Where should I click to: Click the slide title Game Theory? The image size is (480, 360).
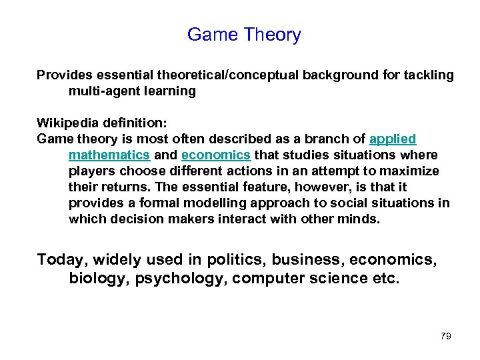click(244, 35)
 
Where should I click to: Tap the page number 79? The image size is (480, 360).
click(446, 336)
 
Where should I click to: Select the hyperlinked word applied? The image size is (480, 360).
click(393, 139)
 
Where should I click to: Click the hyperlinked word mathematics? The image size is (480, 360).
click(109, 155)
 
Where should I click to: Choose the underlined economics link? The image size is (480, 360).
click(216, 155)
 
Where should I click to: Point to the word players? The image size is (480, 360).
click(92, 171)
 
